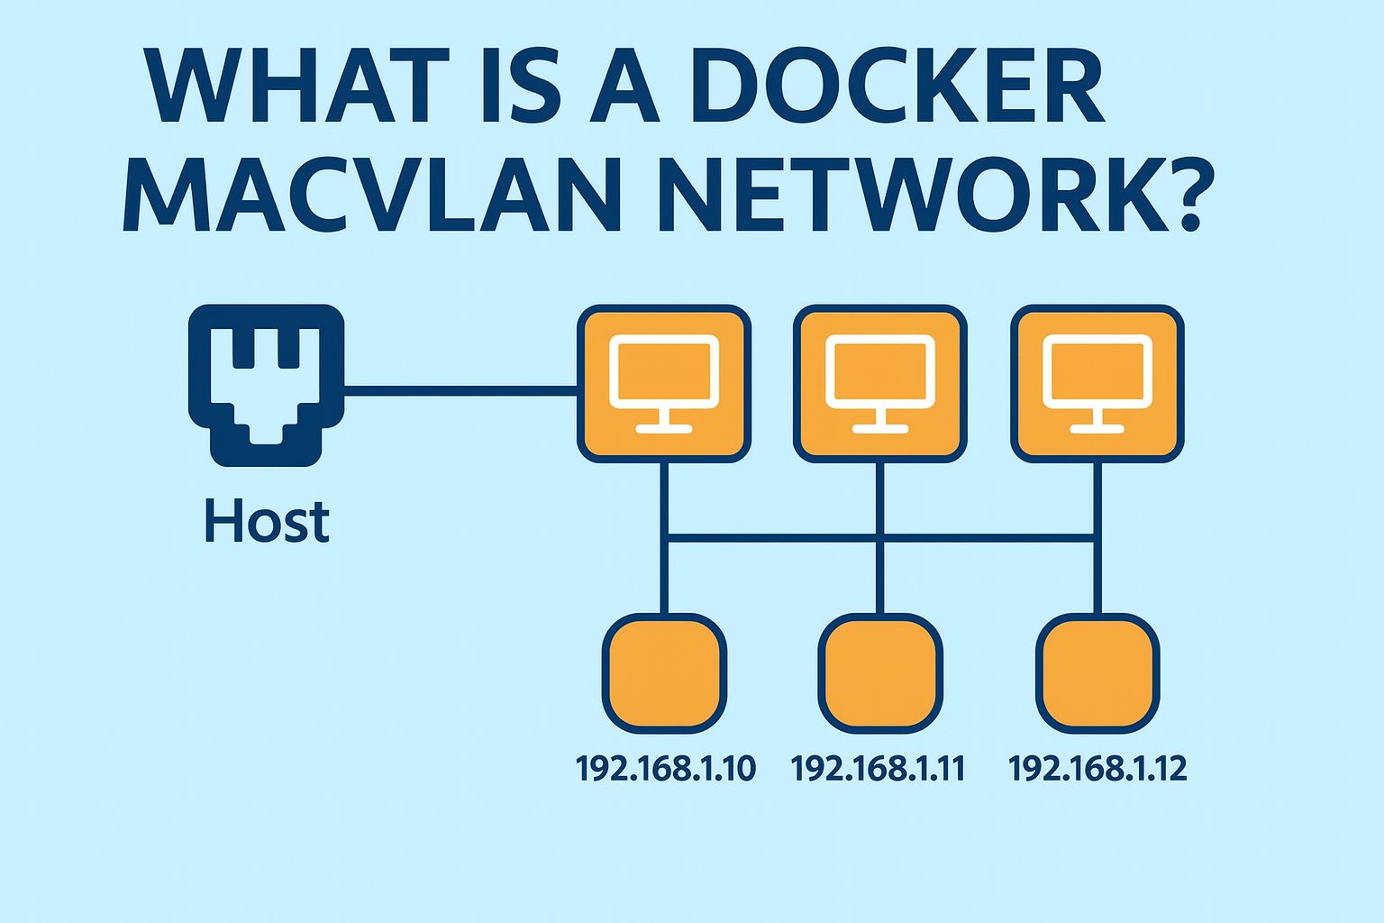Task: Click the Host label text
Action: point(267,522)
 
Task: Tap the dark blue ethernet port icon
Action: point(266,385)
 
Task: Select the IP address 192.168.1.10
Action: point(665,768)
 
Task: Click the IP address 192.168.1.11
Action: point(878,768)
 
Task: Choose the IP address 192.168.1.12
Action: point(1097,768)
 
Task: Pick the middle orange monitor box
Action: point(880,383)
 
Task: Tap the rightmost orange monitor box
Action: point(1097,383)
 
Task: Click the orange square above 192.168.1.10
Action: point(664,672)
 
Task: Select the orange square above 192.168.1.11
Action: point(880,672)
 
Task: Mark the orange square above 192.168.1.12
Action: point(1097,672)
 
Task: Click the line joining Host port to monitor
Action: point(460,389)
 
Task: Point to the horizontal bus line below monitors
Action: point(775,539)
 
